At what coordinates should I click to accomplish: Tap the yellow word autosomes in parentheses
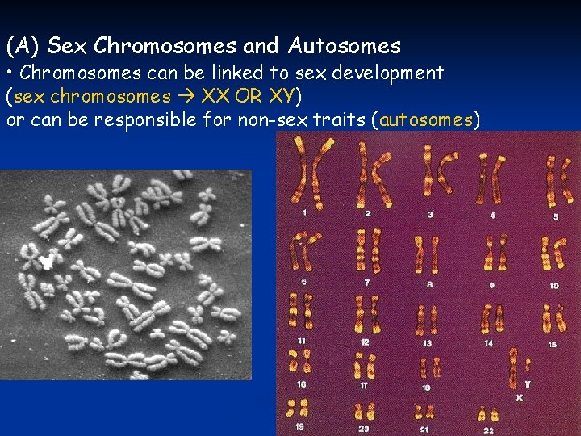tap(426, 120)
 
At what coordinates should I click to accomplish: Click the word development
tap(389, 73)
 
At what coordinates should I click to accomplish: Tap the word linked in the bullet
tap(216, 73)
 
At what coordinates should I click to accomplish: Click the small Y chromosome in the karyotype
tap(528, 367)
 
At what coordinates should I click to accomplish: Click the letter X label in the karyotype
tap(520, 398)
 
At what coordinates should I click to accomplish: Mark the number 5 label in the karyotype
tap(555, 216)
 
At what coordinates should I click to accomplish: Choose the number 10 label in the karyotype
tap(554, 285)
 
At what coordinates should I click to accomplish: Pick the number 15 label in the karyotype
tap(552, 344)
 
